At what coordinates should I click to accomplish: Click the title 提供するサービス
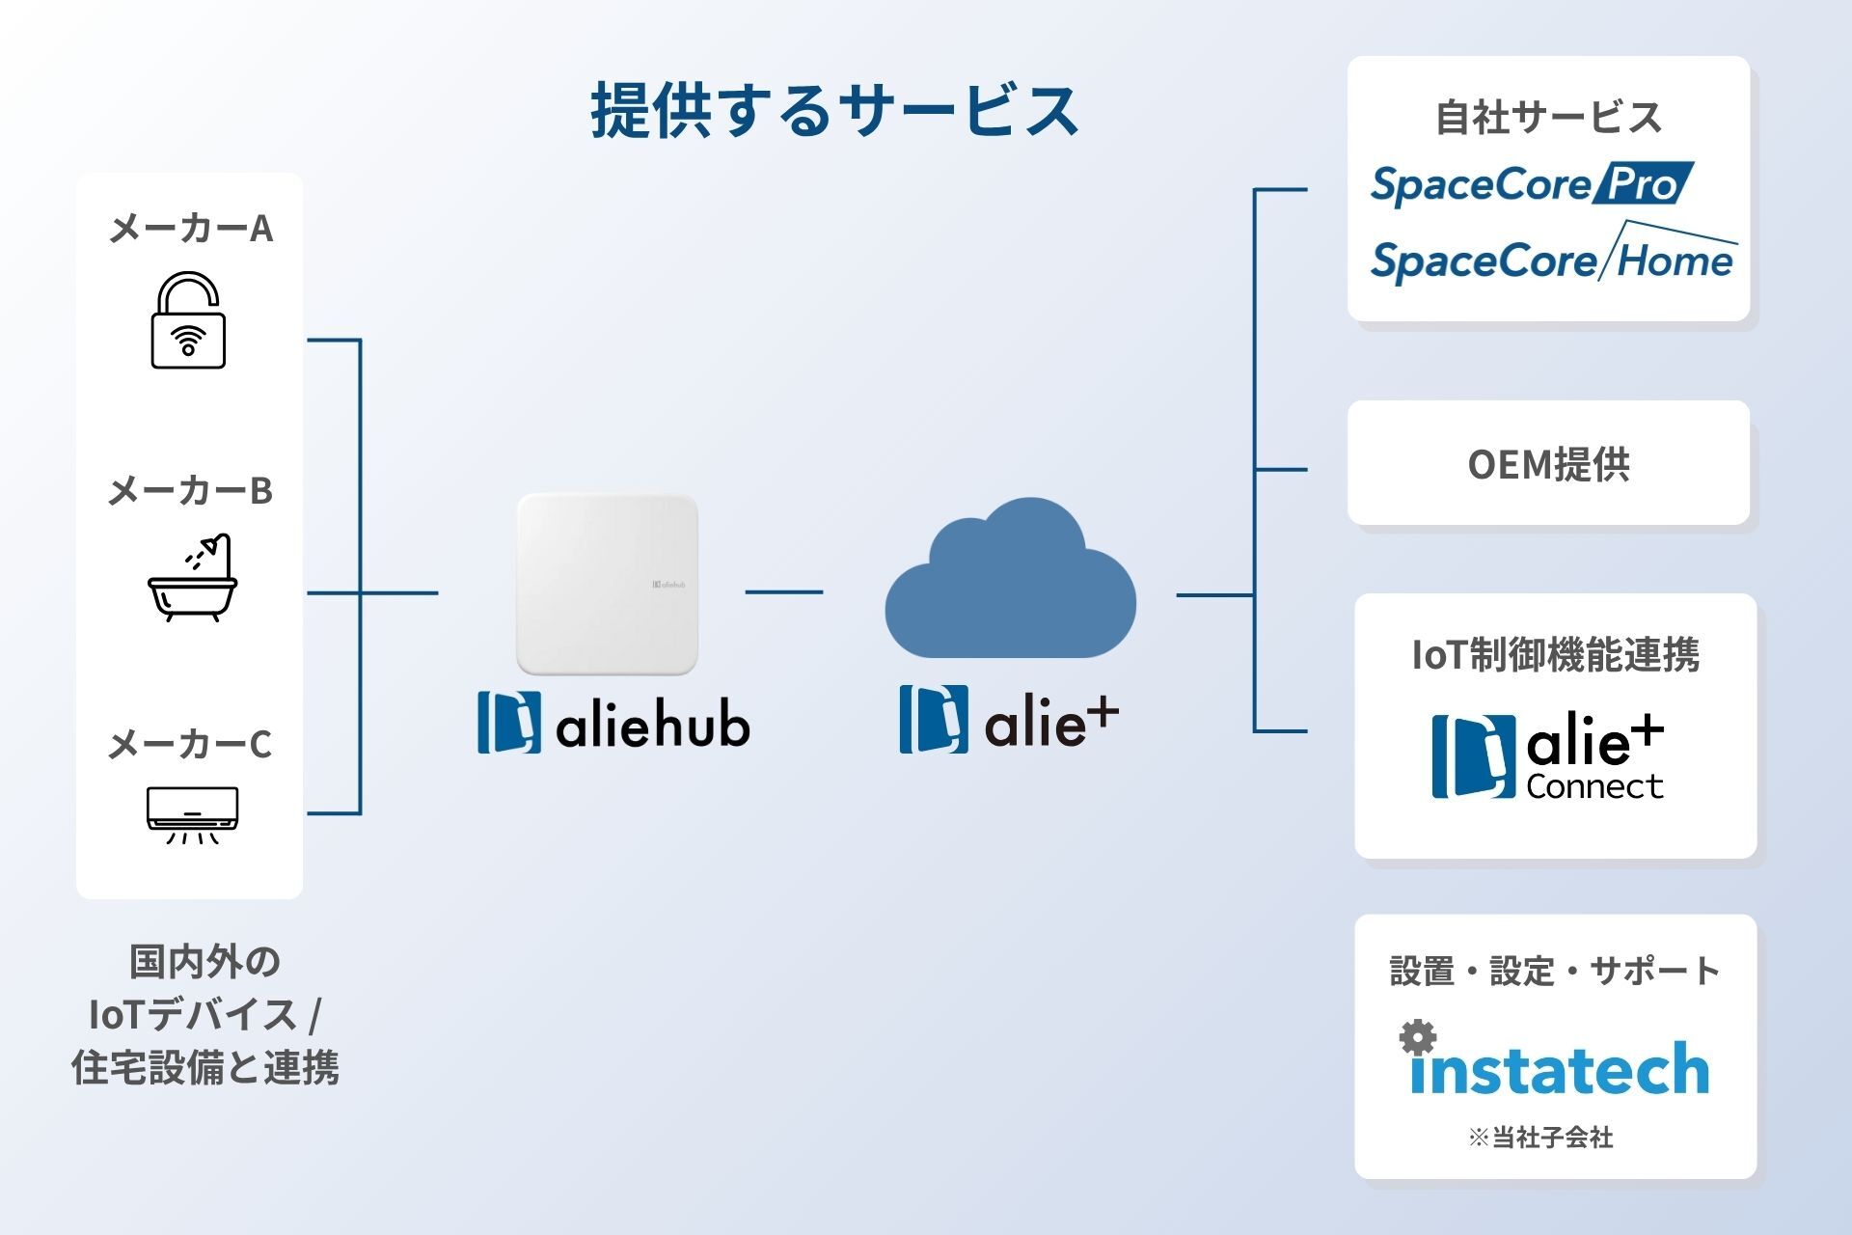point(834,110)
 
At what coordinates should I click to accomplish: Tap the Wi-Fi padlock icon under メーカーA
point(188,320)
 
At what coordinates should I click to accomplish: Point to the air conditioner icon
point(192,813)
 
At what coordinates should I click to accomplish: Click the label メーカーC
point(190,744)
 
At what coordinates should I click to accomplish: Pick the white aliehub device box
point(607,584)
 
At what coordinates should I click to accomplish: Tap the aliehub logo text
point(614,724)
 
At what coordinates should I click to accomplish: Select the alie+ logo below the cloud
point(1009,720)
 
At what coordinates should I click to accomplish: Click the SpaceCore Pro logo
point(1532,184)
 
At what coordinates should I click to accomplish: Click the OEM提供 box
point(1548,464)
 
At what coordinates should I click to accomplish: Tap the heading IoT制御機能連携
point(1555,655)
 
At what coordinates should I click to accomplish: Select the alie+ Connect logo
point(1548,757)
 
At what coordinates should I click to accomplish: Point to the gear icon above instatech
point(1418,1038)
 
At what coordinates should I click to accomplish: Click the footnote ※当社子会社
point(1540,1138)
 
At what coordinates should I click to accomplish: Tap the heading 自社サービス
point(1548,118)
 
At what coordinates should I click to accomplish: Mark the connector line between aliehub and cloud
point(783,591)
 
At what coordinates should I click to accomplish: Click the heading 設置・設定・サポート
point(1554,971)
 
